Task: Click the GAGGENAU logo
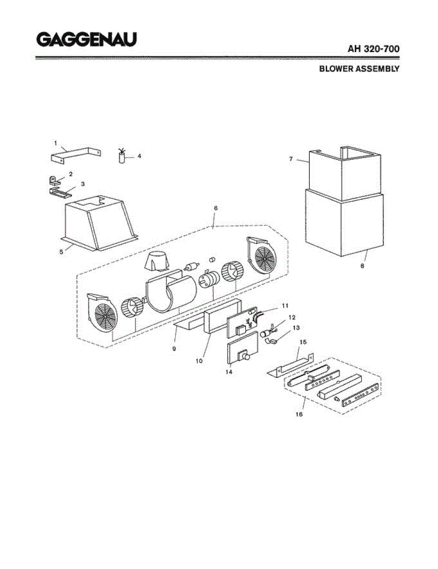click(x=87, y=39)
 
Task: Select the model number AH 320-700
click(x=373, y=49)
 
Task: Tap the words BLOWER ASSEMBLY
click(x=359, y=69)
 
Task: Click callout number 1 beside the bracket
click(x=55, y=143)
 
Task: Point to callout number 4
click(x=139, y=156)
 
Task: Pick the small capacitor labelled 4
click(x=122, y=156)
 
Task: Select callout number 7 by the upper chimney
click(x=291, y=159)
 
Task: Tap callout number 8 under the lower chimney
click(x=362, y=266)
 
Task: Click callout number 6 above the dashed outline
click(x=216, y=208)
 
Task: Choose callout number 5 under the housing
click(x=61, y=252)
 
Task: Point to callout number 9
click(x=174, y=349)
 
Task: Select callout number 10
click(x=199, y=361)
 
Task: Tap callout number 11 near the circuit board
click(x=285, y=305)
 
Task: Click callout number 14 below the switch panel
click(x=229, y=372)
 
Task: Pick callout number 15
click(x=303, y=342)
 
